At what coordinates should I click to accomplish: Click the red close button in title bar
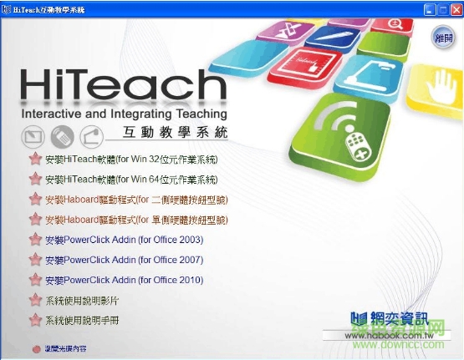(x=454, y=8)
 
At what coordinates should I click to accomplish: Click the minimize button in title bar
(x=428, y=8)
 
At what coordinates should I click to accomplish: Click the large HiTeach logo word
(x=121, y=85)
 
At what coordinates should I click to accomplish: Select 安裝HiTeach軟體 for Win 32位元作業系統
(x=131, y=159)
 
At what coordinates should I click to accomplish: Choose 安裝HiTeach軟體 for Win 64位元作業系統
(x=131, y=180)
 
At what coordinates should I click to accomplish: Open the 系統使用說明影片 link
(x=83, y=300)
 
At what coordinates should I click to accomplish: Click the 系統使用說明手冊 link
(x=83, y=320)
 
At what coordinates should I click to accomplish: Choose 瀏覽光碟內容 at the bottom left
(x=65, y=348)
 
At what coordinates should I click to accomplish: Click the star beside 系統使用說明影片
(x=34, y=300)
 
